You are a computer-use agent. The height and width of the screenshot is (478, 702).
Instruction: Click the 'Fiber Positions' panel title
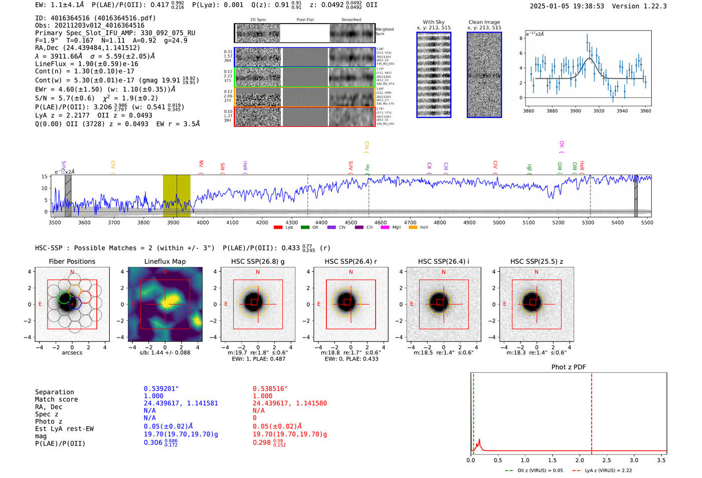coord(72,261)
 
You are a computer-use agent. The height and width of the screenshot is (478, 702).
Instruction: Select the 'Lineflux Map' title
coord(164,261)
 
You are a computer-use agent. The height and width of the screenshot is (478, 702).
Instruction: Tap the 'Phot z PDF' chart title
coord(568,367)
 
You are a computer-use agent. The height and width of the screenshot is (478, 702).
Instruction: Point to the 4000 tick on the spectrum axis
coord(203,222)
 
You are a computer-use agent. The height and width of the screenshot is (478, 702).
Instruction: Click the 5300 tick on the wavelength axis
coord(588,222)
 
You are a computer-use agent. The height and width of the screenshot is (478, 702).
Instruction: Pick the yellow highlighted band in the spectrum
coord(177,196)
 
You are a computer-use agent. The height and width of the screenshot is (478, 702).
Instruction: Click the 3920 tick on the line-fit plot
coord(599,111)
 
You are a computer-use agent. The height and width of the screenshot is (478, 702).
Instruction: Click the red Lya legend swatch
coord(278,228)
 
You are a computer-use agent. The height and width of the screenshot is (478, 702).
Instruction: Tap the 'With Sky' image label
coord(433,22)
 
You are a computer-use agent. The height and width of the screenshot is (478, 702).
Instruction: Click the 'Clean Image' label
coord(484,22)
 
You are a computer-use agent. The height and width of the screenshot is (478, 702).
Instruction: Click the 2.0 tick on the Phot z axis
coord(579,460)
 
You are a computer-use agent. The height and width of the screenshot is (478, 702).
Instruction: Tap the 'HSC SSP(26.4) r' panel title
coord(350,261)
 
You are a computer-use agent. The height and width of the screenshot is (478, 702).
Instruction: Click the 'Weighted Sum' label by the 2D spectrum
coord(385,31)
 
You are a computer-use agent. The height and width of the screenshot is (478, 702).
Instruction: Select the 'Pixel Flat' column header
coord(305,20)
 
